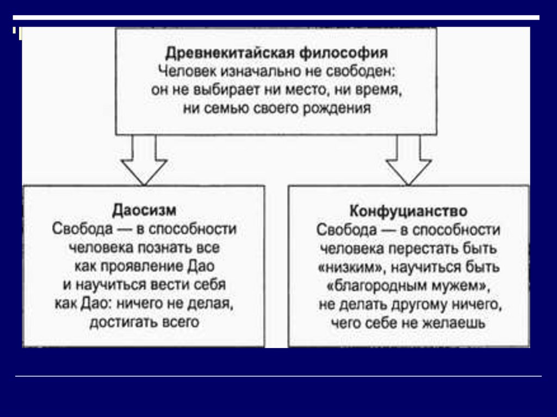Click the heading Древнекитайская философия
(x=276, y=53)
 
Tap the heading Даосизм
(x=144, y=210)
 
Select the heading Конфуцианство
(x=408, y=210)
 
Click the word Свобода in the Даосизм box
(x=82, y=228)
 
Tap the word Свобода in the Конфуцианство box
(x=346, y=229)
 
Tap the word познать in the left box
(x=177, y=247)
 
